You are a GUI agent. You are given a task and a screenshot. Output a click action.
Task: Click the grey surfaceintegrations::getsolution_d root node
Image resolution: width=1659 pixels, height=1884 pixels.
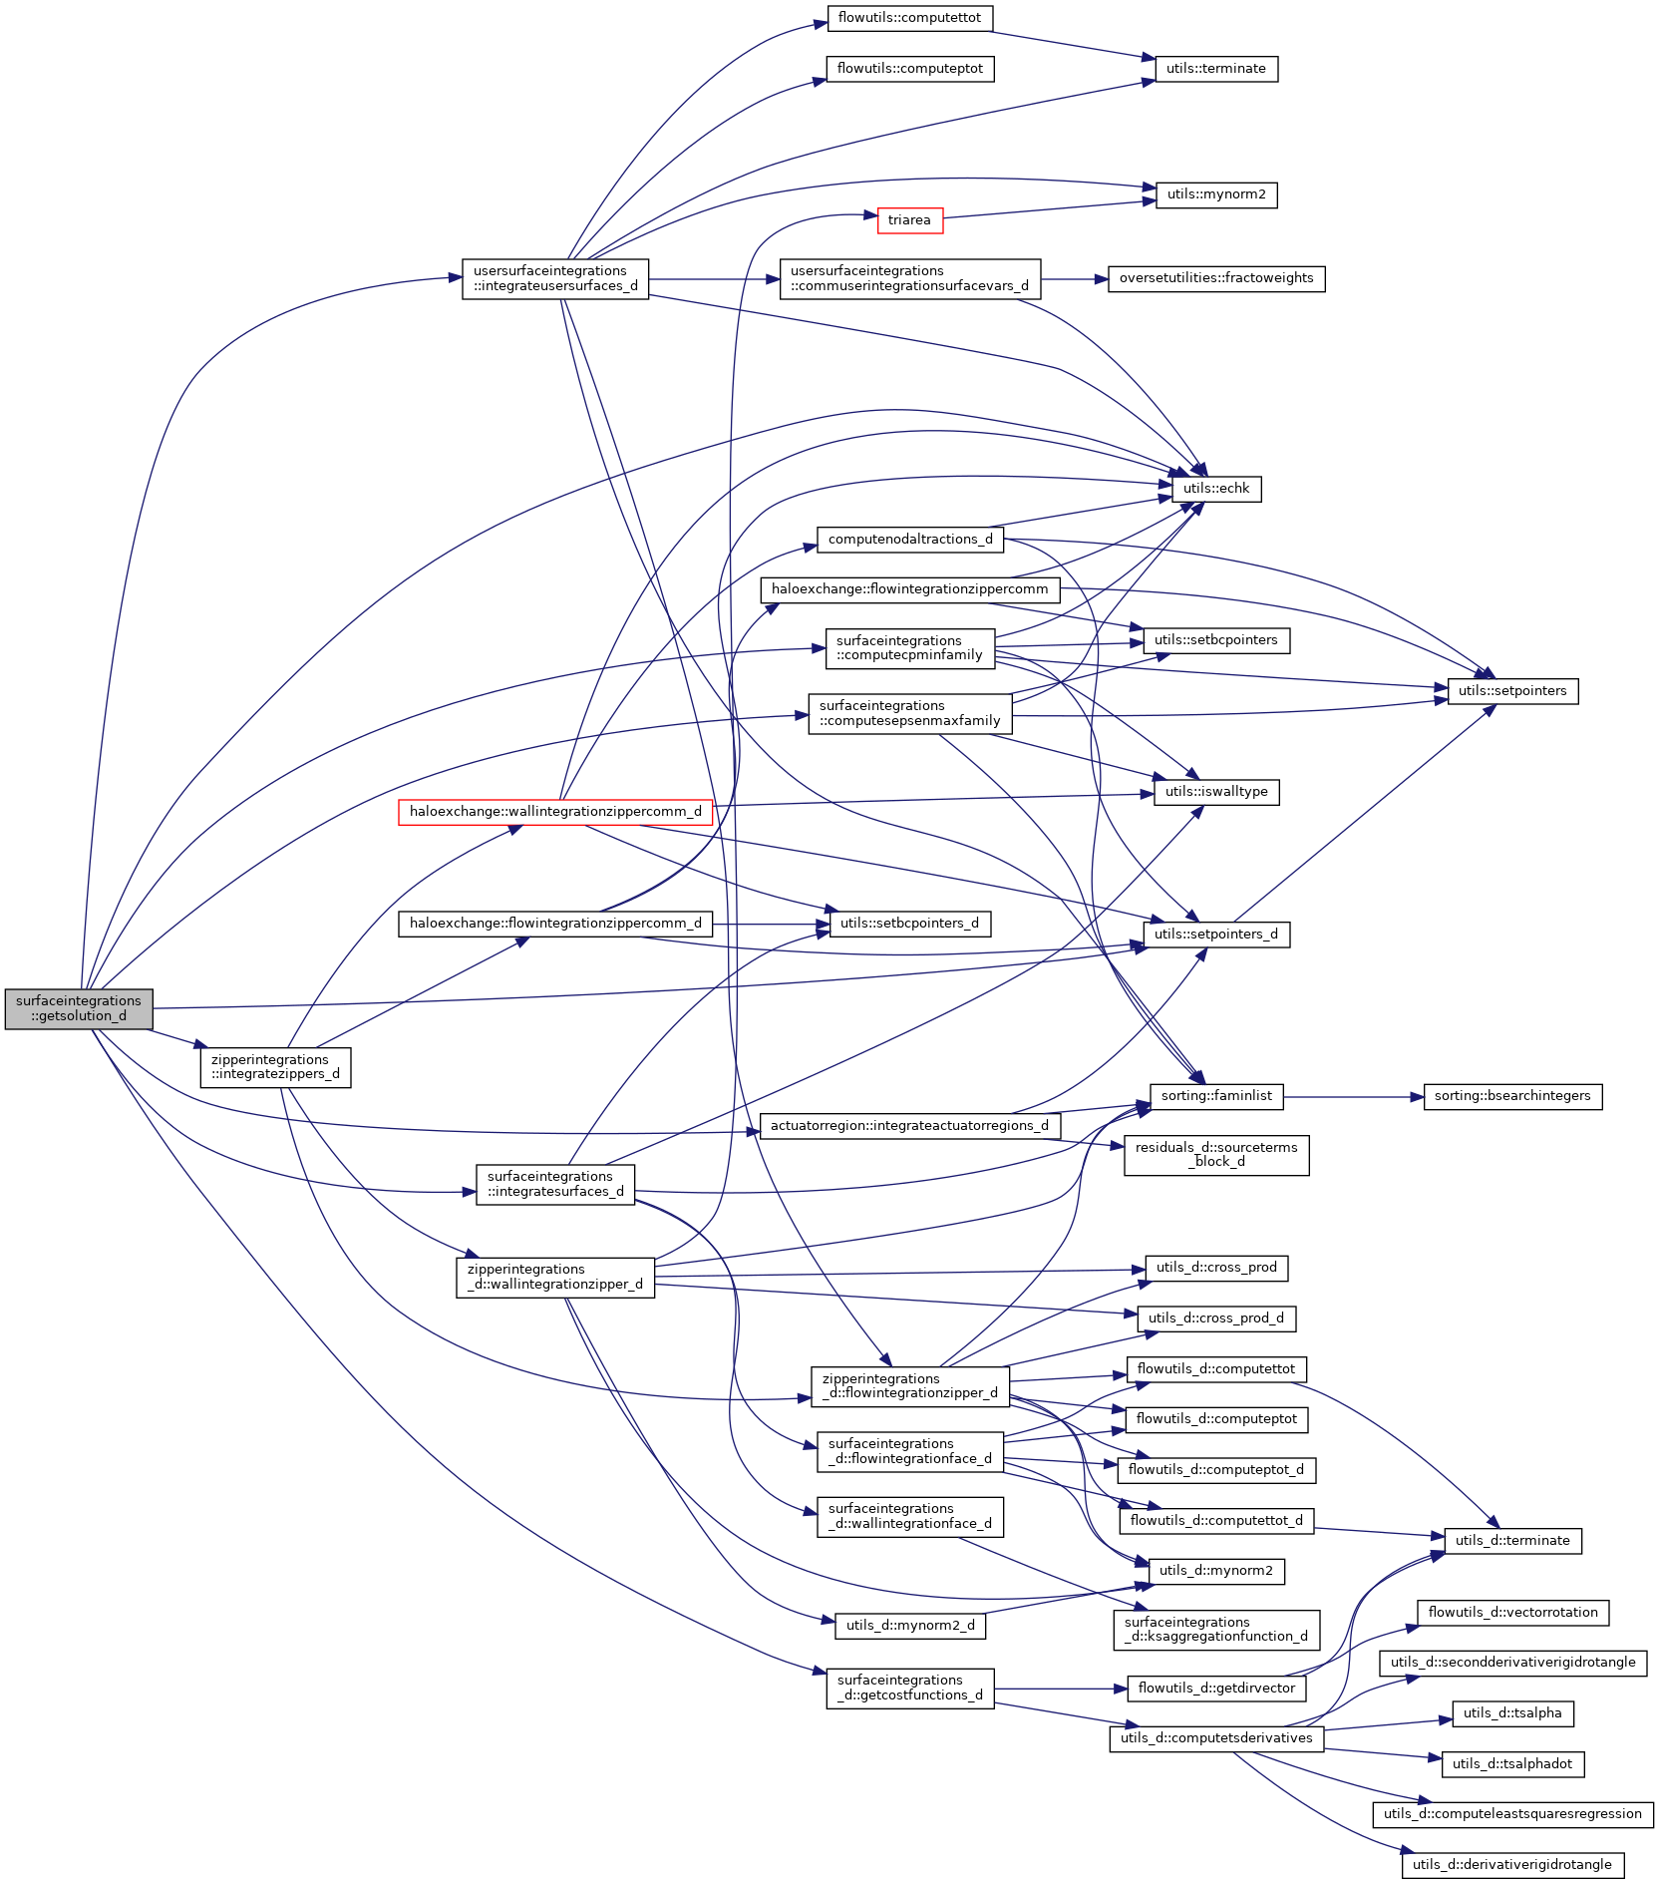79,1008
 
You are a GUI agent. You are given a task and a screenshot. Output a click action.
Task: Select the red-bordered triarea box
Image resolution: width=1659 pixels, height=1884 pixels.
909,220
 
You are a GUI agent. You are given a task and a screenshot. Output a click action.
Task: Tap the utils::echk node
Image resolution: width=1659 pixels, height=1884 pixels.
1216,489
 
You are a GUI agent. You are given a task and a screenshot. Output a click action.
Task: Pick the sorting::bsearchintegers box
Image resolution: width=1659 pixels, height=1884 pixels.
1512,1096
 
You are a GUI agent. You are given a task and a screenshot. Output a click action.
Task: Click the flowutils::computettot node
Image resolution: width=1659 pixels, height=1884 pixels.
909,18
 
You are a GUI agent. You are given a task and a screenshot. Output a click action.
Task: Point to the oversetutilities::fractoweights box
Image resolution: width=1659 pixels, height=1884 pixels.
1216,278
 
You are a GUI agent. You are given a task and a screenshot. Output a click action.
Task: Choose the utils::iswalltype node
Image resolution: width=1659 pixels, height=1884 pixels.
1216,792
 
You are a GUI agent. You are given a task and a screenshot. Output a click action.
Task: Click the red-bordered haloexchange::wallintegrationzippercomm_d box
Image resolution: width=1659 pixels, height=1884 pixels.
555,812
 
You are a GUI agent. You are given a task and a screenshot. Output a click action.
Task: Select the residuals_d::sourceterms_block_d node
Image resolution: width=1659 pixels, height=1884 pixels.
1216,1155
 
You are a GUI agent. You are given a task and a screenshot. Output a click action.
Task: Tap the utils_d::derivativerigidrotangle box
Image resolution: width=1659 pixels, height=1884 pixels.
1512,1865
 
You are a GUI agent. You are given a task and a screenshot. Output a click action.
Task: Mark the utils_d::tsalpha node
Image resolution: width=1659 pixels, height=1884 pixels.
1512,1713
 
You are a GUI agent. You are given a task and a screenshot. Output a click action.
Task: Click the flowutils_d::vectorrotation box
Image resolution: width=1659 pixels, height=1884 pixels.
1512,1613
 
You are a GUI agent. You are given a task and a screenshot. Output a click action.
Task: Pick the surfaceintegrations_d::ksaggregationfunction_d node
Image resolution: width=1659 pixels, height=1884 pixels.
1216,1630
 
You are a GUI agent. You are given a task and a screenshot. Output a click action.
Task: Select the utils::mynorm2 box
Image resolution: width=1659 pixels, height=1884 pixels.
1216,194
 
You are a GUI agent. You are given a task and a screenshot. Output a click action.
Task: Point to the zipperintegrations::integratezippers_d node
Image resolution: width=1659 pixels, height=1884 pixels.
275,1067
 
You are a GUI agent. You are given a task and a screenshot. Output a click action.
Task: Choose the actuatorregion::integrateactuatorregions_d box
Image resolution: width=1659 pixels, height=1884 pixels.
909,1126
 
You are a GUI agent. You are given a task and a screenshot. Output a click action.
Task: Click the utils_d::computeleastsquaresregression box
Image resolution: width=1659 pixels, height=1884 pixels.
1512,1814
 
